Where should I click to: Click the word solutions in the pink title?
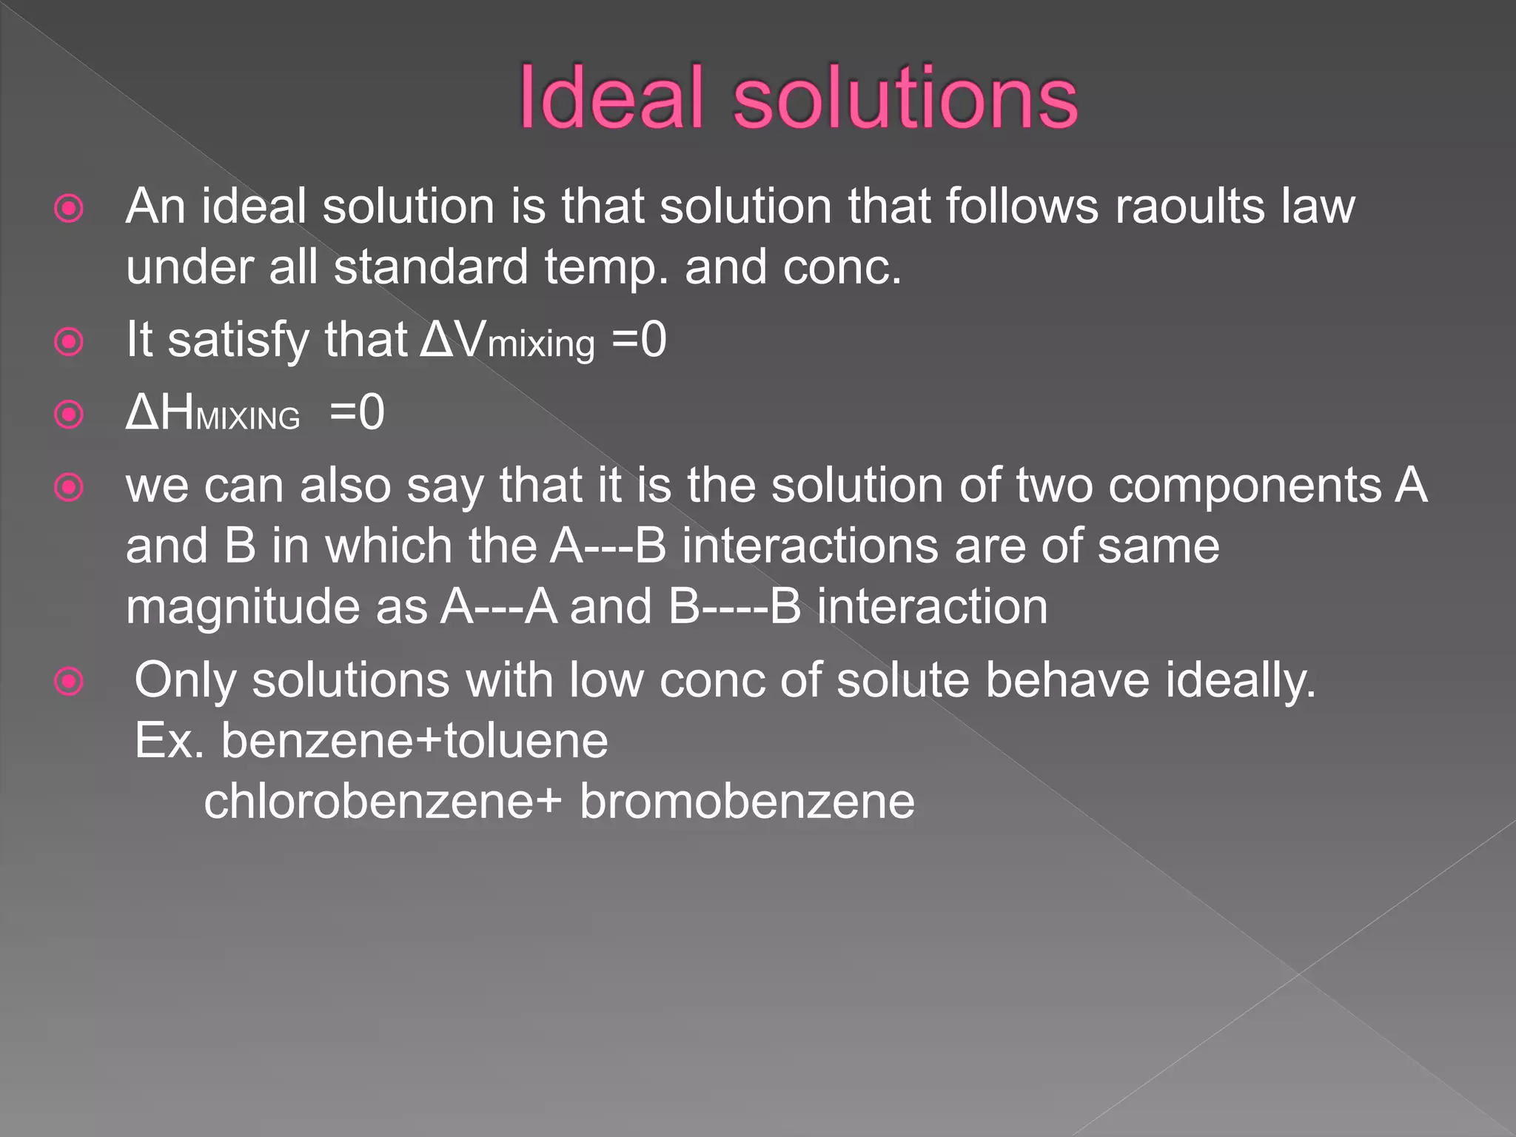tap(905, 98)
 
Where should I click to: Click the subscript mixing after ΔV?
tap(541, 345)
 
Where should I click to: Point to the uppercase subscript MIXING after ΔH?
tap(248, 419)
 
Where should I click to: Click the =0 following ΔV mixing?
tap(639, 340)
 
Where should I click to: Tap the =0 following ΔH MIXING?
tap(357, 412)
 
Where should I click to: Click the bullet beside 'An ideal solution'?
tap(70, 209)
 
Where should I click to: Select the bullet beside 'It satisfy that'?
tap(70, 342)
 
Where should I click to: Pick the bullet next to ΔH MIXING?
tap(70, 415)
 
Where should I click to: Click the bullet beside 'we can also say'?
tap(70, 487)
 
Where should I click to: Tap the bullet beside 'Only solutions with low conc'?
tap(70, 681)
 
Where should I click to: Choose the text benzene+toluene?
tap(415, 741)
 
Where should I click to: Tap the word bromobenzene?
tap(746, 802)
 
